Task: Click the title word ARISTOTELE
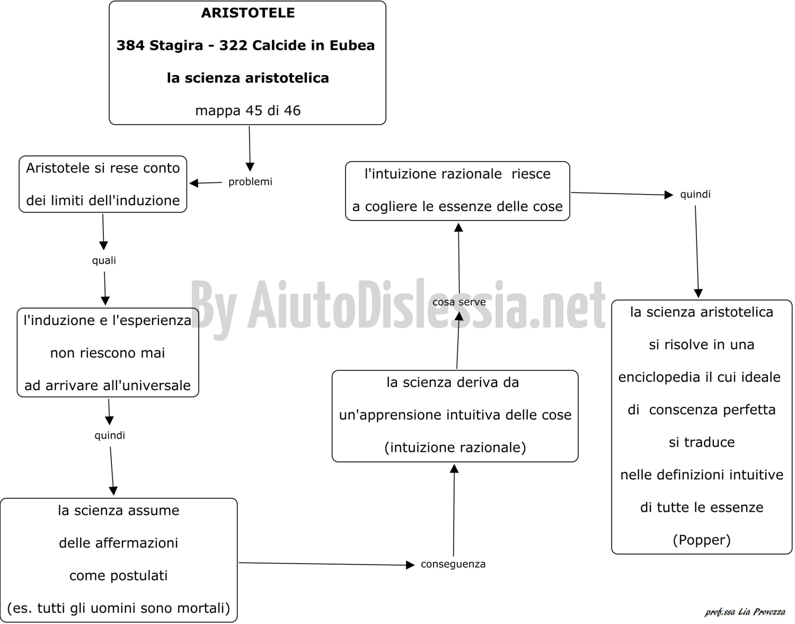tap(248, 13)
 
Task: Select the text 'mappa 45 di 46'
tap(248, 110)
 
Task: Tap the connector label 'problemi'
tap(250, 182)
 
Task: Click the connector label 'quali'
tap(104, 261)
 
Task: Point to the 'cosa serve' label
tap(459, 302)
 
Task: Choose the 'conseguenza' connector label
tap(453, 564)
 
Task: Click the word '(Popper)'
tap(702, 540)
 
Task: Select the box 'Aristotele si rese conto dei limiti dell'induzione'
tap(103, 184)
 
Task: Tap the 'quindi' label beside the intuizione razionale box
tap(695, 195)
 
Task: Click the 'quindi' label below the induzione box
tap(110, 435)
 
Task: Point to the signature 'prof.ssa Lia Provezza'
tap(745, 612)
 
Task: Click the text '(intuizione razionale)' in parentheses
tap(455, 447)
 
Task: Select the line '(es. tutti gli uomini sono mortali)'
tap(119, 608)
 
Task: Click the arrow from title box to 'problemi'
tap(250, 148)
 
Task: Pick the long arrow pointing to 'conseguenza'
tap(326, 564)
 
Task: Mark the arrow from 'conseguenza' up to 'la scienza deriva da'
tap(454, 510)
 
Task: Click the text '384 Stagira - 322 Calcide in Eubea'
tap(245, 46)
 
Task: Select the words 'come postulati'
tap(119, 576)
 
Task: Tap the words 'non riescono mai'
tap(108, 353)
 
